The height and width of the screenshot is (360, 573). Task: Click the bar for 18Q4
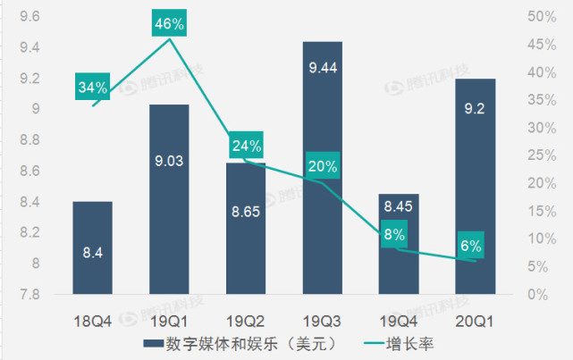click(x=92, y=247)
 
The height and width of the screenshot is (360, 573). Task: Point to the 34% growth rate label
click(x=92, y=88)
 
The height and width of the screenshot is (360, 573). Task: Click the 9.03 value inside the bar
click(x=168, y=162)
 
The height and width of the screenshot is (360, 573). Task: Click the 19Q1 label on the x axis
click(x=168, y=318)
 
